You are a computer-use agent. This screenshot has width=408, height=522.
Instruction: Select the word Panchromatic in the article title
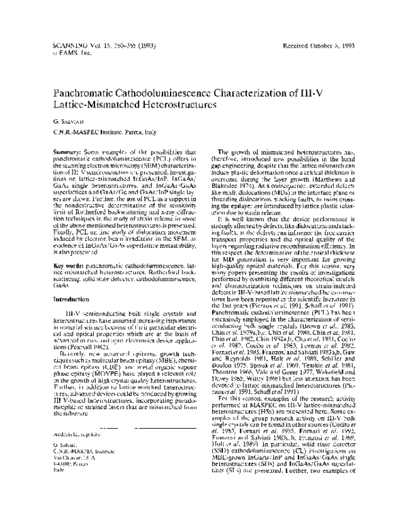[89, 93]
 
